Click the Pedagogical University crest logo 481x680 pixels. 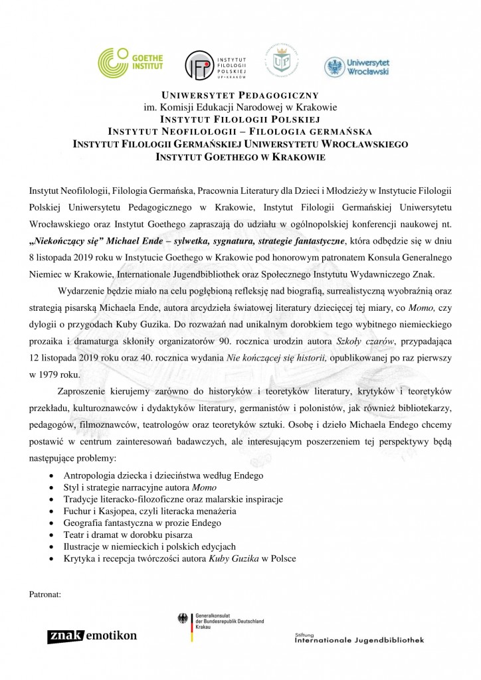coord(282,61)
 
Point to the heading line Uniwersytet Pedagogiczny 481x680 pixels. coord(241,96)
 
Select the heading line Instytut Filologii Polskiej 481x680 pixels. coord(241,119)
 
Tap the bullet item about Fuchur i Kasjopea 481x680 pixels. coord(149,511)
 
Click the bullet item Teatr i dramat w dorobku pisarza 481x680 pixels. coord(128,535)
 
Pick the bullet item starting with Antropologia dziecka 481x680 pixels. coord(163,475)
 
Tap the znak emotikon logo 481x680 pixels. coord(92,636)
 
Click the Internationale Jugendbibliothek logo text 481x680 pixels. coord(359,639)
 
